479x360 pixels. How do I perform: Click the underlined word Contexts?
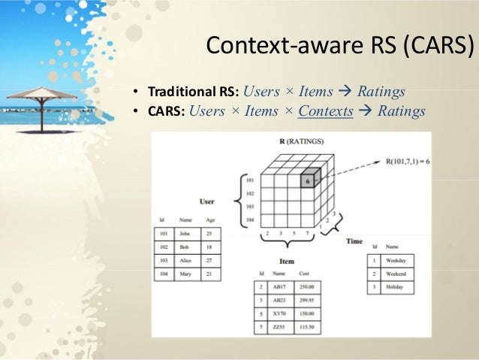click(x=325, y=112)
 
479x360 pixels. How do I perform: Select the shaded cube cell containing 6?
click(x=309, y=181)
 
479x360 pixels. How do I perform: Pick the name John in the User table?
click(x=185, y=234)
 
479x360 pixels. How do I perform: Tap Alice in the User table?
click(x=185, y=261)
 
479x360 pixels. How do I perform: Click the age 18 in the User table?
click(x=209, y=247)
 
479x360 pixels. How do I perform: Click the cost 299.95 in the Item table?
click(x=305, y=301)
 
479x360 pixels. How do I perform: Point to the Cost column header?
click(x=304, y=274)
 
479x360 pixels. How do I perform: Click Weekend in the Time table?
click(x=396, y=274)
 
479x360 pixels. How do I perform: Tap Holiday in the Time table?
click(x=395, y=288)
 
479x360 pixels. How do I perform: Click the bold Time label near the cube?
click(x=354, y=241)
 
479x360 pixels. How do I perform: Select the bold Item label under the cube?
click(x=285, y=261)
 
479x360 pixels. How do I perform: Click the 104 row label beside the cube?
click(x=250, y=219)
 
